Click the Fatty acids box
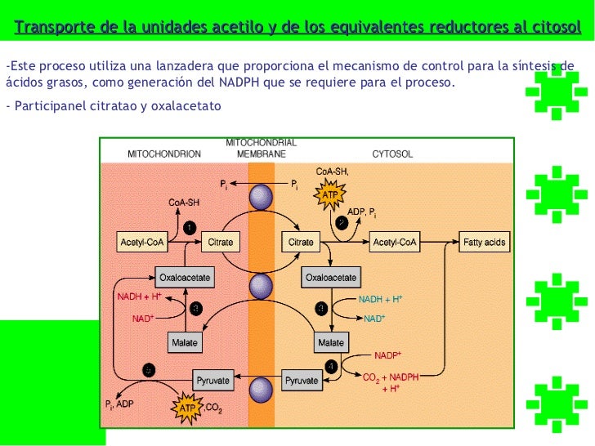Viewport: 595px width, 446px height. click(485, 243)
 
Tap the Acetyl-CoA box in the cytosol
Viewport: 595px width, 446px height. click(396, 243)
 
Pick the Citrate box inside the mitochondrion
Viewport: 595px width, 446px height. click(221, 243)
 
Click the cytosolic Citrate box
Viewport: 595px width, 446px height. click(302, 243)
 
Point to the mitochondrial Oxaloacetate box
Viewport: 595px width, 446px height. click(185, 278)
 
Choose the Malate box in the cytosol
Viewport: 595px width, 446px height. click(330, 342)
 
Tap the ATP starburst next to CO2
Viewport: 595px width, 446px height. click(187, 405)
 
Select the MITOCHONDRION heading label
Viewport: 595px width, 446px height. click(163, 154)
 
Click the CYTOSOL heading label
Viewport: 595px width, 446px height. click(392, 154)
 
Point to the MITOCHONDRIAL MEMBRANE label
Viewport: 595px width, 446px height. click(261, 148)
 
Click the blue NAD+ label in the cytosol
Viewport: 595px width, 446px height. click(374, 319)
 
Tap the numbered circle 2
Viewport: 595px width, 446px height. click(342, 221)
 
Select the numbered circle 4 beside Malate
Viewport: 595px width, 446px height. click(331, 364)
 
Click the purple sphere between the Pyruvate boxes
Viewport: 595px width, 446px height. click(261, 386)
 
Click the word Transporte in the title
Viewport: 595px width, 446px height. click(56, 29)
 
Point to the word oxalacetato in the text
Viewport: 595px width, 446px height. click(188, 107)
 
